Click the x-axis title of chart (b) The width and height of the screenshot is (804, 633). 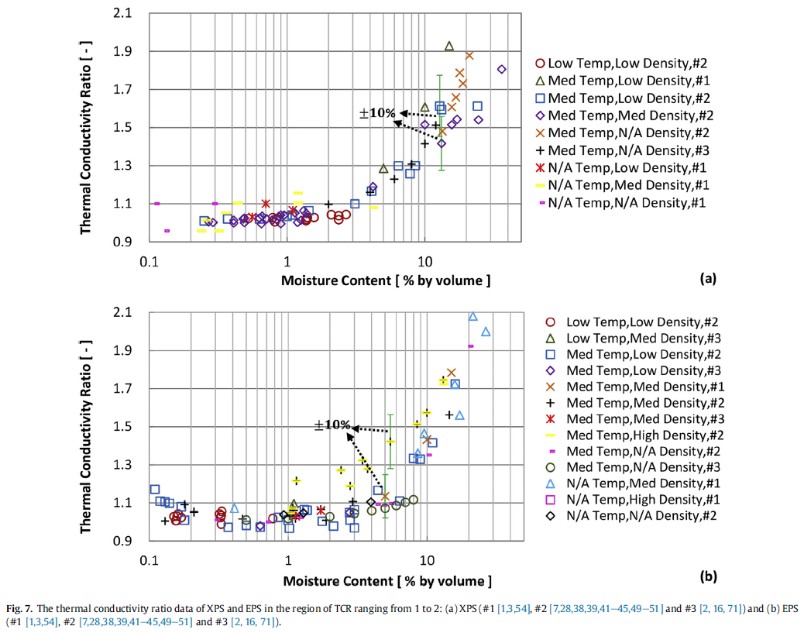[x=387, y=580]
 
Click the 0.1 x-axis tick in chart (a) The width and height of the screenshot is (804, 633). [x=149, y=262]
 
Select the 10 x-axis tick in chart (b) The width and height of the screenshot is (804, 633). [x=426, y=560]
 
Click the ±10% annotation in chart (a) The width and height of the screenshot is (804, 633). [x=377, y=113]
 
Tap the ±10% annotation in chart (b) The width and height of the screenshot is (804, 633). [x=332, y=425]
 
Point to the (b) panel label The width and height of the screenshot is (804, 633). [x=706, y=576]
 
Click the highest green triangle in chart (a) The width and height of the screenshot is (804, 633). [x=448, y=46]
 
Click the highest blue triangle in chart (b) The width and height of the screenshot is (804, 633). [x=472, y=316]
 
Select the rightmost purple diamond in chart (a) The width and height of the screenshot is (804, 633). [x=501, y=69]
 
